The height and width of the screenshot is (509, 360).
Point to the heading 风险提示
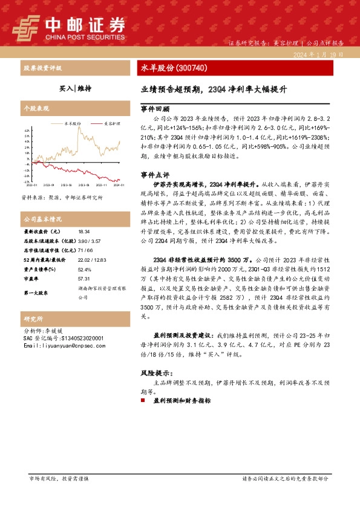pos(156,374)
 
